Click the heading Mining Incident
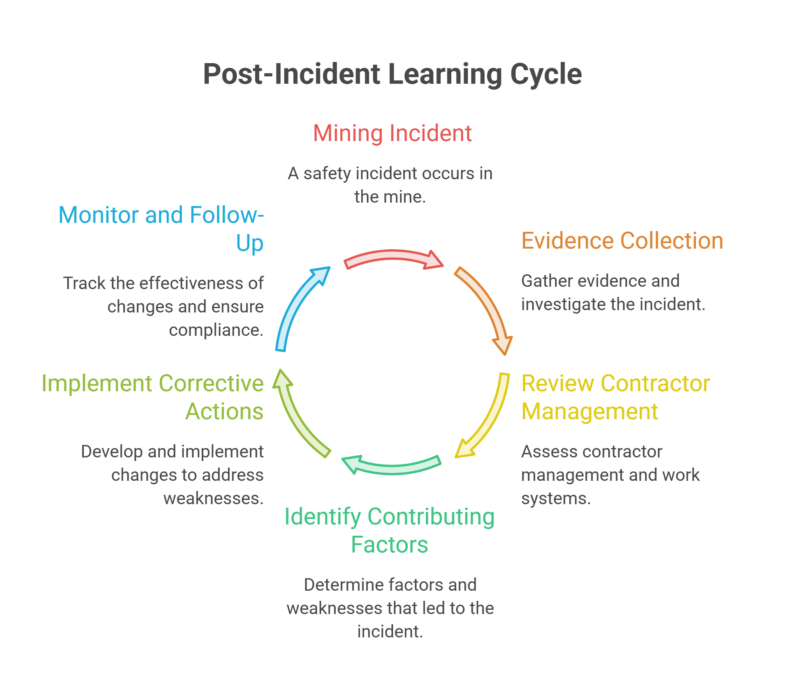coord(392,133)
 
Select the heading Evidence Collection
coord(622,240)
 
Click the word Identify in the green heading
coord(323,517)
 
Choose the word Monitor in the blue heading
coord(99,215)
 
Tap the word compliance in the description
coord(216,330)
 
